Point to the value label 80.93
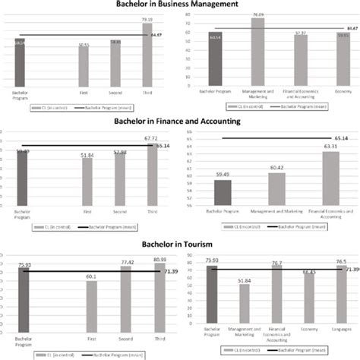[x=148, y=261]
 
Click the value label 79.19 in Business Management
[x=147, y=17]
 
